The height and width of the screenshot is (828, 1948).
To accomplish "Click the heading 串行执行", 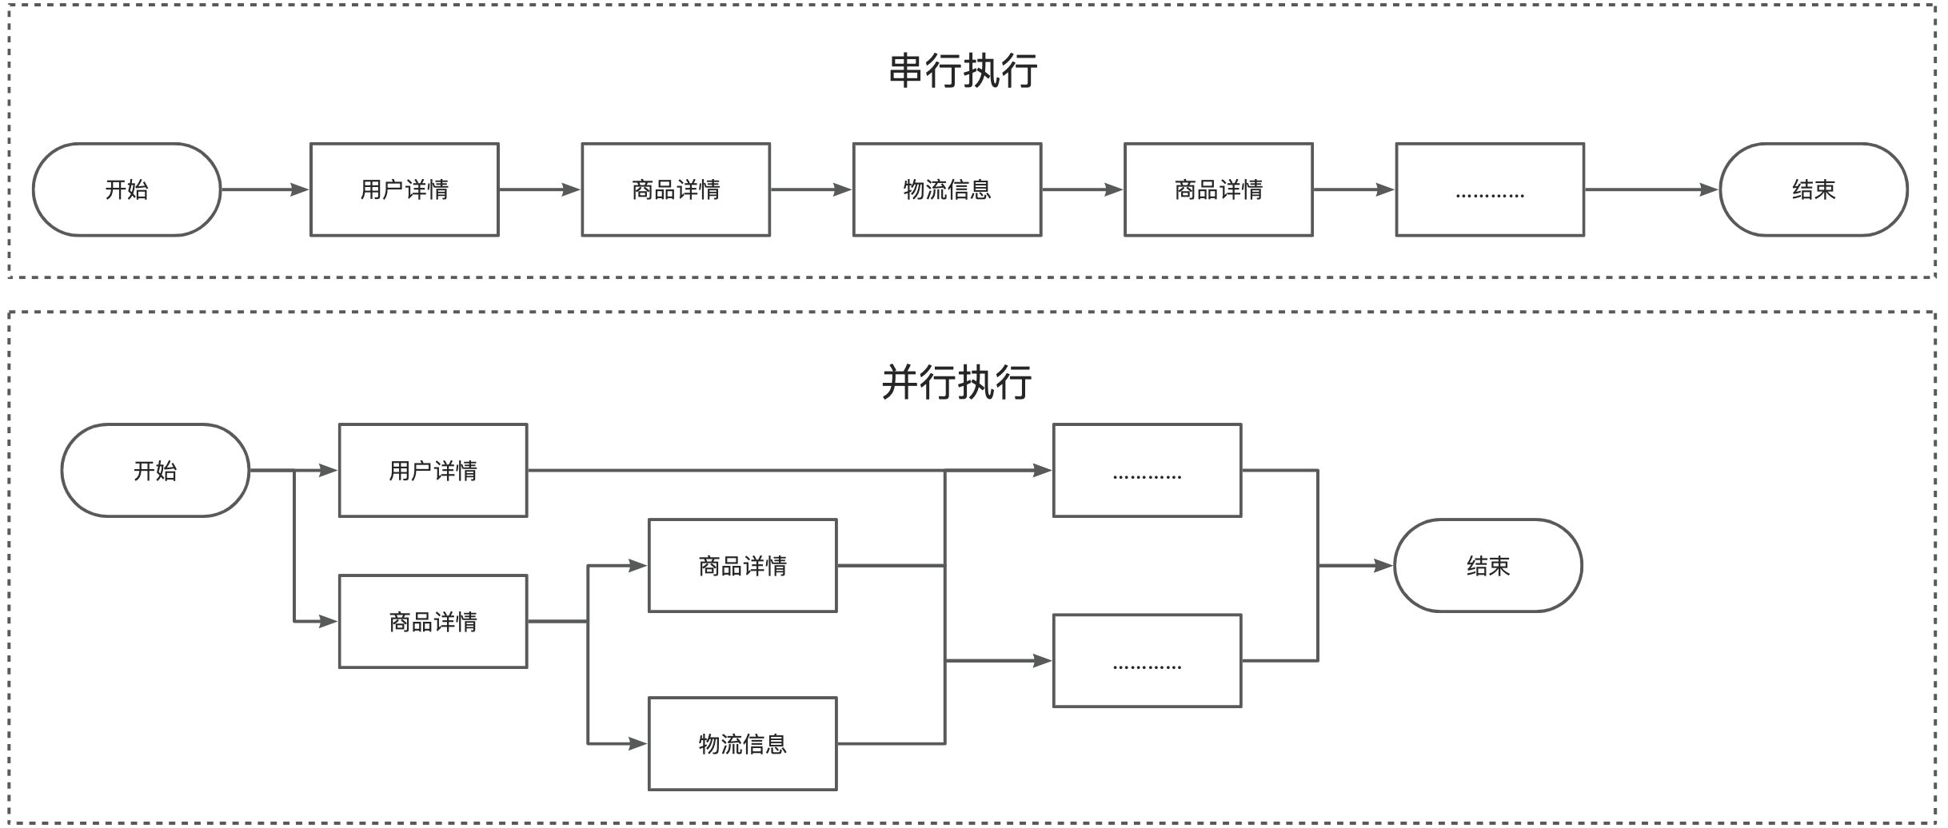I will [x=963, y=70].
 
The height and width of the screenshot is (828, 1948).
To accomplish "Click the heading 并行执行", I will [x=956, y=382].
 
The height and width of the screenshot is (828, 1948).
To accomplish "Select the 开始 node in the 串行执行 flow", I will [x=126, y=189].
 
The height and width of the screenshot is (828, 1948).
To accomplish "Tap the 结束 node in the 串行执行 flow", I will [x=1813, y=189].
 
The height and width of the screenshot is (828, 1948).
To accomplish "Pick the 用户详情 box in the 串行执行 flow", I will [x=405, y=189].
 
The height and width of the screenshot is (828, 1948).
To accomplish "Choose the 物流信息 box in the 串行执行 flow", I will [x=947, y=189].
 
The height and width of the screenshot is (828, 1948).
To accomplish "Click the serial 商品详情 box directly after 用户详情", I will [x=676, y=189].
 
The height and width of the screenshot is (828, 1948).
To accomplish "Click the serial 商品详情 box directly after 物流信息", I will [x=1218, y=189].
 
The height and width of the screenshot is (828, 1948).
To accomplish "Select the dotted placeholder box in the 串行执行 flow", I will [x=1490, y=189].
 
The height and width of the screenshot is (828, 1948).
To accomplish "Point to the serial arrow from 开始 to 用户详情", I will [x=265, y=189].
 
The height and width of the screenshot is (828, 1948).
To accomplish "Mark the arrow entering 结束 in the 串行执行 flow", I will [x=1651, y=189].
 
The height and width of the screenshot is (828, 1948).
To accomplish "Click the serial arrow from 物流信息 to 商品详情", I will [x=1083, y=189].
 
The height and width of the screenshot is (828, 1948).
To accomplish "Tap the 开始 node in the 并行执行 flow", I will [x=155, y=471].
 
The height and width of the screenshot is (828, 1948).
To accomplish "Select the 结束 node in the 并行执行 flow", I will [x=1487, y=566].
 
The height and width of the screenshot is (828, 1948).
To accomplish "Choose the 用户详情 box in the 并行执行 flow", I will [x=433, y=471].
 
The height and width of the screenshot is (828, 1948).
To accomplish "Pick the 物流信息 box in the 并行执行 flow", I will [x=742, y=744].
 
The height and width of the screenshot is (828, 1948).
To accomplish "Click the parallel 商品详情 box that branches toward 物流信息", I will [x=433, y=621].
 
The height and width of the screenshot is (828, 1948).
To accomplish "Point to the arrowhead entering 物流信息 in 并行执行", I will [x=638, y=744].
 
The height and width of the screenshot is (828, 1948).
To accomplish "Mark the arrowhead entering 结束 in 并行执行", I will [x=1383, y=566].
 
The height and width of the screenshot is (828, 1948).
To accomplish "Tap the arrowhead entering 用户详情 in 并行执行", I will [x=329, y=471].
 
